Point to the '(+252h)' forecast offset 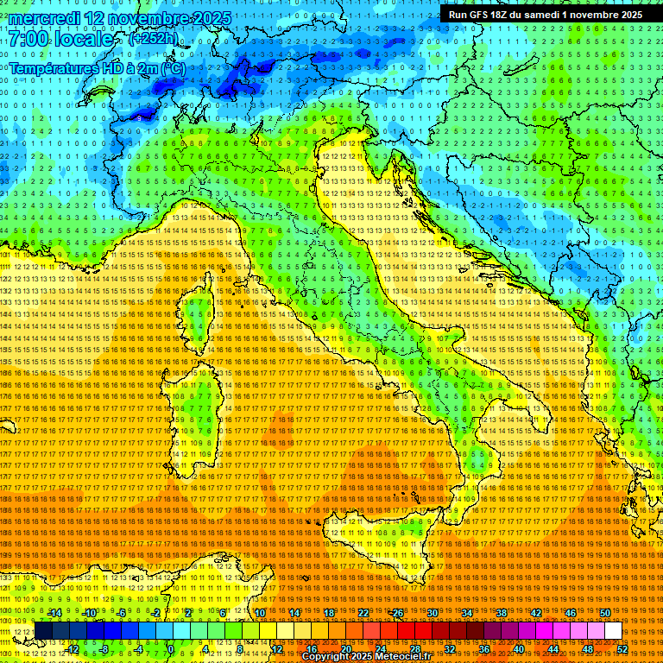click(153, 39)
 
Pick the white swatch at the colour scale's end click(612, 631)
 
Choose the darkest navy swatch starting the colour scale click(43, 631)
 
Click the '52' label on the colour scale click(622, 649)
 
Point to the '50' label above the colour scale click(605, 613)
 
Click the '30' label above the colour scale click(433, 613)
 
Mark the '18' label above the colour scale click(329, 613)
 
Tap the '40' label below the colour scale click(518, 649)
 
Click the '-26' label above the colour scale click(396, 613)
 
